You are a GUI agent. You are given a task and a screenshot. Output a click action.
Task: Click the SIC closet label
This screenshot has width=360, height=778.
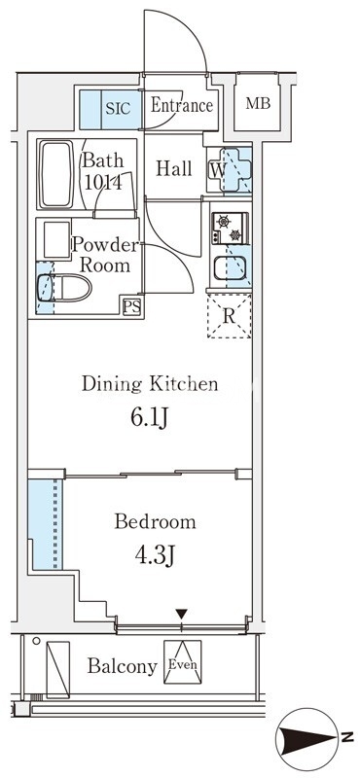pos(118,108)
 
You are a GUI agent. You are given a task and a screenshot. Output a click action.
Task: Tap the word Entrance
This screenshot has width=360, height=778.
pos(181,105)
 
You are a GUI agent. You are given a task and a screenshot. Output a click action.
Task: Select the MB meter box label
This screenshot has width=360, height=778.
pos(258,104)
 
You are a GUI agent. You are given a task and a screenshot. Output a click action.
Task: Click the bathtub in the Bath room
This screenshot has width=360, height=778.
pos(56,174)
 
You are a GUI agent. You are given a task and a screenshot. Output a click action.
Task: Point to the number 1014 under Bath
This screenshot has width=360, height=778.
pos(103,183)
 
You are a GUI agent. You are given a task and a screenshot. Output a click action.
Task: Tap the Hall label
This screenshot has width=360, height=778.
pos(174,168)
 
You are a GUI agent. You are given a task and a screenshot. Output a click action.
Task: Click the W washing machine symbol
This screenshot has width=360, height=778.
pos(229,170)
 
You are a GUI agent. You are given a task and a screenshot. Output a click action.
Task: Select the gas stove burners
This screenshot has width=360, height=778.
pos(230,229)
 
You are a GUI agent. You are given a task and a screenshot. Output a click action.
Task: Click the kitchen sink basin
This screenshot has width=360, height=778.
pos(230,269)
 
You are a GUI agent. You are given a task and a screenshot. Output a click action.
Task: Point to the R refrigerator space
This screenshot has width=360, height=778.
pos(230,316)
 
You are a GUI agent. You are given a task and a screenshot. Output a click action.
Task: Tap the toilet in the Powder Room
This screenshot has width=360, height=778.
pos(64,288)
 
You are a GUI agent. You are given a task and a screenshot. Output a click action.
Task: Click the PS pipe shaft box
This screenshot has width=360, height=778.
pos(131,307)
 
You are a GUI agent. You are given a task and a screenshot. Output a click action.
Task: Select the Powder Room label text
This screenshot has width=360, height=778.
pos(105,255)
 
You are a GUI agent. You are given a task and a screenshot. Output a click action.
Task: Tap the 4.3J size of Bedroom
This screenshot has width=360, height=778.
pos(155,556)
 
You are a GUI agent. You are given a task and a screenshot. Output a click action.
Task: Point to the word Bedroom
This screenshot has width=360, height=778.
pos(155,522)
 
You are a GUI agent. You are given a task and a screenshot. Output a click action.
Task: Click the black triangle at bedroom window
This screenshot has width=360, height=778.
pos(182,615)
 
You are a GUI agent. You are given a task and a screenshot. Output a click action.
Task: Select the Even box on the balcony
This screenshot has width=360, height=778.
pos(183,662)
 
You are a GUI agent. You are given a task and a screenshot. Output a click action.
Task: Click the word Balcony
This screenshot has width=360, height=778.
pos(123,666)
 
